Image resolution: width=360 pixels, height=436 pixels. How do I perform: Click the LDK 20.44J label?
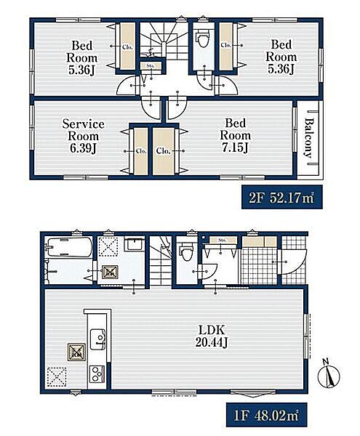pos(211,336)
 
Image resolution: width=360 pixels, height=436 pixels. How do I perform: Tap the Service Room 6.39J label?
pos(83,136)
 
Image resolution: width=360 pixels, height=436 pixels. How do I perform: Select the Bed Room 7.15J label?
pos(235,135)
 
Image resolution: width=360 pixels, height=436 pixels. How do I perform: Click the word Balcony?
pos(309,138)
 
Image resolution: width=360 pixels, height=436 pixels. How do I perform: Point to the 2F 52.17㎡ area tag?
pos(282,198)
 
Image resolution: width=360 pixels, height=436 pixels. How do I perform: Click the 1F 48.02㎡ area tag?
pos(266,416)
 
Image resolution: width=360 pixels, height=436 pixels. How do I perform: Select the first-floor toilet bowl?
pos(186,252)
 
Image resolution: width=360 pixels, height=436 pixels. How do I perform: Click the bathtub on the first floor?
pos(69,246)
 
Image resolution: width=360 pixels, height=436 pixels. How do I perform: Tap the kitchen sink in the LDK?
pos(97,339)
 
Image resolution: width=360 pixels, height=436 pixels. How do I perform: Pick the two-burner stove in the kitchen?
pos(97,374)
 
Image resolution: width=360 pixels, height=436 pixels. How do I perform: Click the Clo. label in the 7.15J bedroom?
pos(163,151)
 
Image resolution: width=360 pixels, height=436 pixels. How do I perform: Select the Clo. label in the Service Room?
pos(141,151)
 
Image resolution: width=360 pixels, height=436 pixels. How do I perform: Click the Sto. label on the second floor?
pos(151,66)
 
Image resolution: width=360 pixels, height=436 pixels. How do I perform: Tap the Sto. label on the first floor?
pos(223,240)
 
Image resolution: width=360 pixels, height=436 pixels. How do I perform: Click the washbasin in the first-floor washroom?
pos(134,244)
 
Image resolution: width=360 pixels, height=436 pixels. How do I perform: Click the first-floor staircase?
pos(161,261)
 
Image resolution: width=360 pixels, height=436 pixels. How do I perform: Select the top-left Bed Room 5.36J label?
pos(81,57)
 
